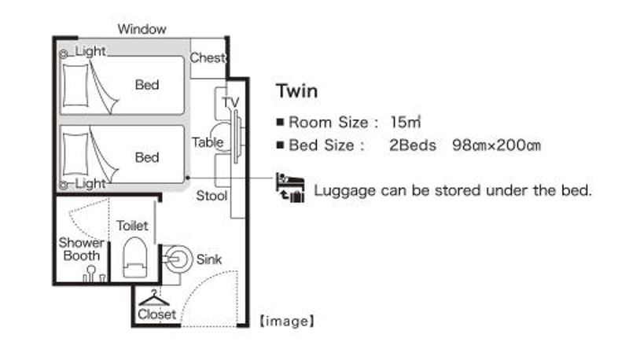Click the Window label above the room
click(142, 29)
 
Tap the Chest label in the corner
click(208, 58)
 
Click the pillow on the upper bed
click(75, 85)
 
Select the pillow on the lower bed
click(75, 154)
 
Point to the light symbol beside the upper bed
click(64, 53)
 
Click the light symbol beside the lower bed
click(64, 185)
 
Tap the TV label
click(230, 103)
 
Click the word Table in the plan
click(208, 142)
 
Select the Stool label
click(212, 196)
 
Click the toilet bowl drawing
click(134, 257)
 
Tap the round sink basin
click(178, 259)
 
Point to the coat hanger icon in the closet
click(154, 298)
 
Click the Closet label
click(156, 314)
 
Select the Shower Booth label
click(81, 249)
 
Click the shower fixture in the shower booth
click(91, 274)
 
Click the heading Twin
click(297, 91)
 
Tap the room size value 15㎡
click(405, 123)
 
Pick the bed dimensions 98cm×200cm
click(497, 145)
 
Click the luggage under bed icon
click(290, 188)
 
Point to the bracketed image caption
click(286, 321)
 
